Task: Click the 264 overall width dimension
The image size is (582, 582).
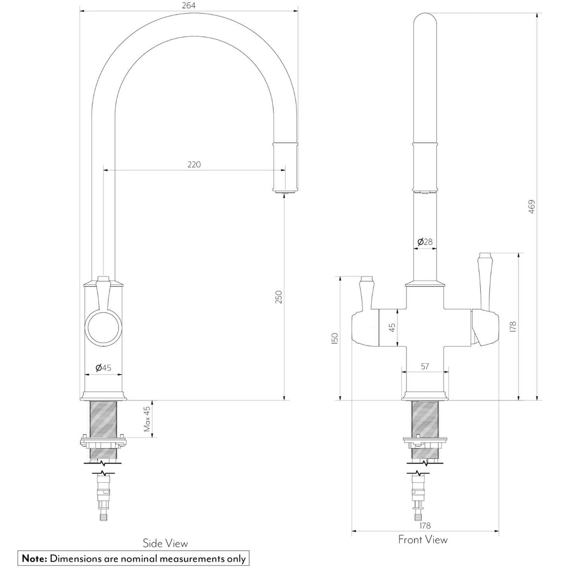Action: pyautogui.click(x=188, y=5)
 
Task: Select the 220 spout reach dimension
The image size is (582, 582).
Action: pyautogui.click(x=194, y=164)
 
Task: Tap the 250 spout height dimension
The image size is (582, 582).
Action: pyautogui.click(x=279, y=297)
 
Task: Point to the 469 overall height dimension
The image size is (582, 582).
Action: pyautogui.click(x=531, y=207)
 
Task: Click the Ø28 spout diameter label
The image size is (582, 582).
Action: pyautogui.click(x=425, y=242)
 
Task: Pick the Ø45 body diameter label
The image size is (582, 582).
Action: pyautogui.click(x=103, y=368)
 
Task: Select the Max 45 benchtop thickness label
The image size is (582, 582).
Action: pyautogui.click(x=147, y=419)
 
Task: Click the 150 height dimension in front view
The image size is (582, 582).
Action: pyautogui.click(x=335, y=338)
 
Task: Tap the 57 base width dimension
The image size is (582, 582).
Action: pyautogui.click(x=425, y=366)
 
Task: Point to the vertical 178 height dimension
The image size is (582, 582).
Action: pyautogui.click(x=512, y=326)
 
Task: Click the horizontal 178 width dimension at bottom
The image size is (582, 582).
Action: pyautogui.click(x=425, y=525)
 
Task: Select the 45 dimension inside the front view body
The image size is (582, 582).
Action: pyautogui.click(x=392, y=327)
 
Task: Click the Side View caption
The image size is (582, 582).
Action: pyautogui.click(x=165, y=543)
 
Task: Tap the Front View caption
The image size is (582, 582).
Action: pyautogui.click(x=422, y=539)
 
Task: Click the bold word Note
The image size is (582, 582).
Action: pyautogui.click(x=34, y=559)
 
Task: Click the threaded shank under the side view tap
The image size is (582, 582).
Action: pyautogui.click(x=103, y=418)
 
